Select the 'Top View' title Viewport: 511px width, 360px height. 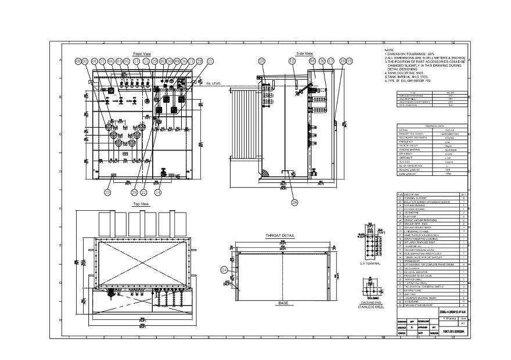(142, 204)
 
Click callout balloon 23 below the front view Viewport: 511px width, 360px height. (108, 192)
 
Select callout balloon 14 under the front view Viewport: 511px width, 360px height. (157, 192)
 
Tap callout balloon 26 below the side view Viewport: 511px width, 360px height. (294, 202)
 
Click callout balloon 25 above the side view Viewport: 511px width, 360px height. (262, 60)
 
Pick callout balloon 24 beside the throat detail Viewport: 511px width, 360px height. (224, 269)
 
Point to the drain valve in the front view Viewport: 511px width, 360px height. (164, 172)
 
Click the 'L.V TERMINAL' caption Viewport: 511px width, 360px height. (370, 263)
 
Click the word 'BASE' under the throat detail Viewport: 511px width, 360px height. (283, 303)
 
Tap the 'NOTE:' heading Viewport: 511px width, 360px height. (390, 51)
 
